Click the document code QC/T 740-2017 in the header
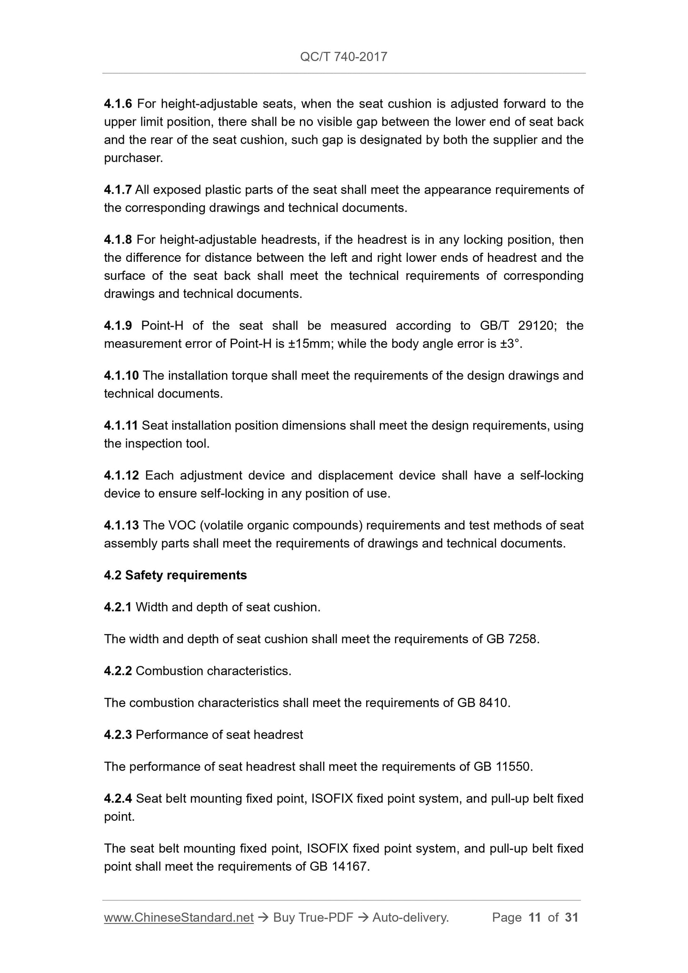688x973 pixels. click(x=343, y=57)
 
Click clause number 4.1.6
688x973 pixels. click(x=118, y=104)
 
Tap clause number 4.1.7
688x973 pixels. click(x=118, y=190)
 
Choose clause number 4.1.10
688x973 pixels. click(x=121, y=376)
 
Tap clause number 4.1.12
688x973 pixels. click(x=121, y=476)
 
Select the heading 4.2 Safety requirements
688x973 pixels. click(x=175, y=576)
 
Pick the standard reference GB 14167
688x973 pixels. click(x=339, y=867)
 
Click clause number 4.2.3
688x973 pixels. click(x=118, y=735)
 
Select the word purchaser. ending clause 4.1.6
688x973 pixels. click(x=133, y=158)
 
